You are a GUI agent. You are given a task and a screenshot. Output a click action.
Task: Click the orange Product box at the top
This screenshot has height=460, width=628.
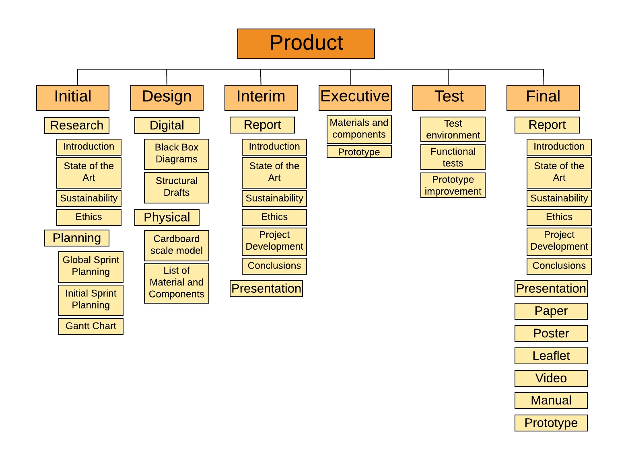point(306,44)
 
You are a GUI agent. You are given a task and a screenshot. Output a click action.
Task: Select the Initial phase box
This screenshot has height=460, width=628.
point(73,98)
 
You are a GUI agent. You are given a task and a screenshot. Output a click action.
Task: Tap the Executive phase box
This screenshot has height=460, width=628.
point(355,98)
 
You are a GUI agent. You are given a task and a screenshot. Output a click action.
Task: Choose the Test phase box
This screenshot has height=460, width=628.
point(449,98)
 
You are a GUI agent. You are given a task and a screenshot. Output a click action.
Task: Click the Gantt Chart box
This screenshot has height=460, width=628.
point(91,326)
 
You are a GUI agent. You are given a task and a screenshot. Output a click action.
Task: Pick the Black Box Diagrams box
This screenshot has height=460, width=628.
point(177,154)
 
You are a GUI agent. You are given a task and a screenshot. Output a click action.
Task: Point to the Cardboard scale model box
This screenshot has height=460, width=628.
point(177,245)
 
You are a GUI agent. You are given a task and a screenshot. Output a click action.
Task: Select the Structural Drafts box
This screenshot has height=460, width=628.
point(177,187)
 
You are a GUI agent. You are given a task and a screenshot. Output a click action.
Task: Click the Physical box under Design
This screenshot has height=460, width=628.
point(167,218)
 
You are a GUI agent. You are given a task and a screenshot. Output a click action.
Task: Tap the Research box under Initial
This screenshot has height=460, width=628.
point(77,125)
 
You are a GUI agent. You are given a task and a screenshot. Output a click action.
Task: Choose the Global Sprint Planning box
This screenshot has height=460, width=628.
point(91,267)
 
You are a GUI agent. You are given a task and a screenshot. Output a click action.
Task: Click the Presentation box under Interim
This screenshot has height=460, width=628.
point(266,289)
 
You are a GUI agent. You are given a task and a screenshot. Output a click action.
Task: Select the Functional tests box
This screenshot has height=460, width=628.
point(453,157)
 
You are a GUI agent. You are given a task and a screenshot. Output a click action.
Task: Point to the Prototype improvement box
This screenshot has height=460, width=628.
point(453,185)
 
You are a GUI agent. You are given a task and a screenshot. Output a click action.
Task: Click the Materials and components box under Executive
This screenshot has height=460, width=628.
point(359,129)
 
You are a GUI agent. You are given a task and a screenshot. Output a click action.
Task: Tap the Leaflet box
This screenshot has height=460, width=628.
point(551,356)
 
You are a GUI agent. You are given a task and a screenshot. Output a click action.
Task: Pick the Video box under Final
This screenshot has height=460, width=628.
point(551,378)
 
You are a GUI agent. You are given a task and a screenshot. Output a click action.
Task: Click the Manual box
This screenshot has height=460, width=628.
point(551,400)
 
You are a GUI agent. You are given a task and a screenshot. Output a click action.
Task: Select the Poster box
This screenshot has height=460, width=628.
point(551,333)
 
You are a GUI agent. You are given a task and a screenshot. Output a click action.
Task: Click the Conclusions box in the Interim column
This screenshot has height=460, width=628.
point(274,266)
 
